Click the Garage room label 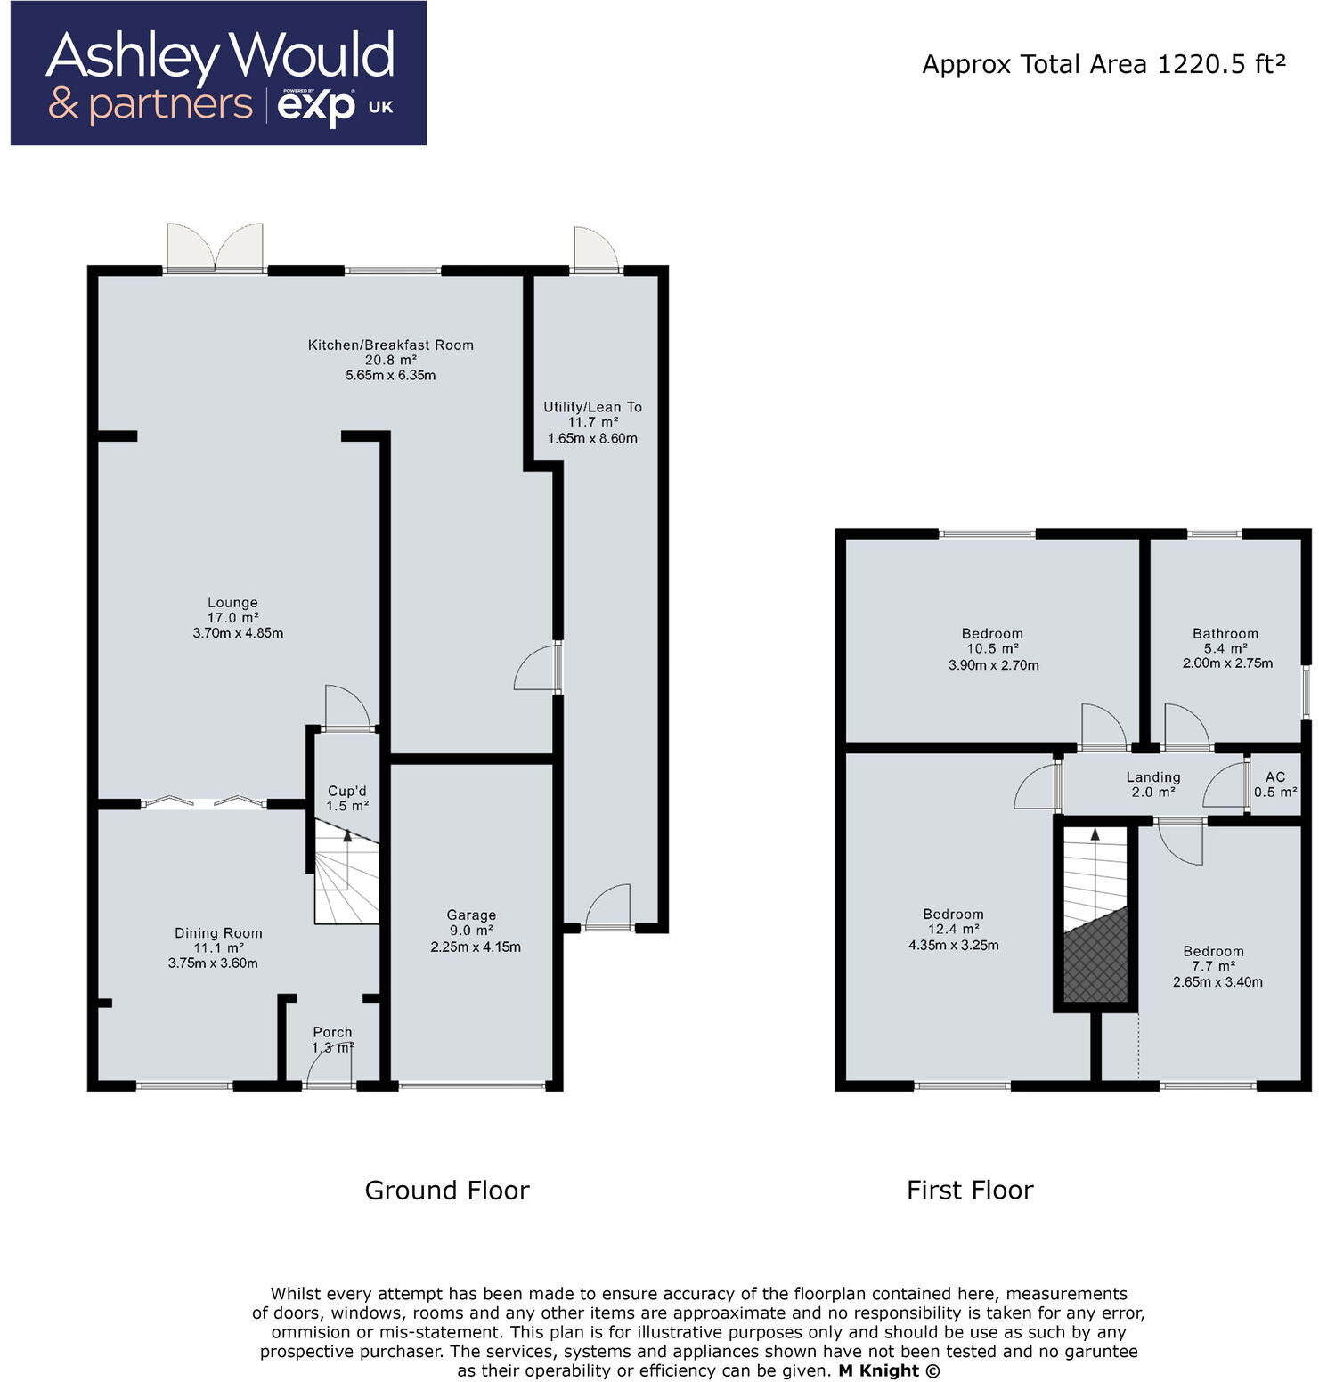(471, 915)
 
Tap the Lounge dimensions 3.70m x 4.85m (238, 633)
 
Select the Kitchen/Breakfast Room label (390, 345)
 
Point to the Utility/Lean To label (592, 407)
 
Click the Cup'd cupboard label (346, 791)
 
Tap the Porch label (332, 1032)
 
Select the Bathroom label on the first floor (1225, 633)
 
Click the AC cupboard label (1275, 776)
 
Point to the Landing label (1152, 777)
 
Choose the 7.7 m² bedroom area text (1213, 966)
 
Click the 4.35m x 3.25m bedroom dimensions (953, 945)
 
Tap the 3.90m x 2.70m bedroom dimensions (993, 664)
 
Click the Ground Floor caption (447, 1190)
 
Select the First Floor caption (970, 1190)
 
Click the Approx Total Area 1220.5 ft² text (1103, 64)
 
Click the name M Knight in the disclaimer (878, 1370)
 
